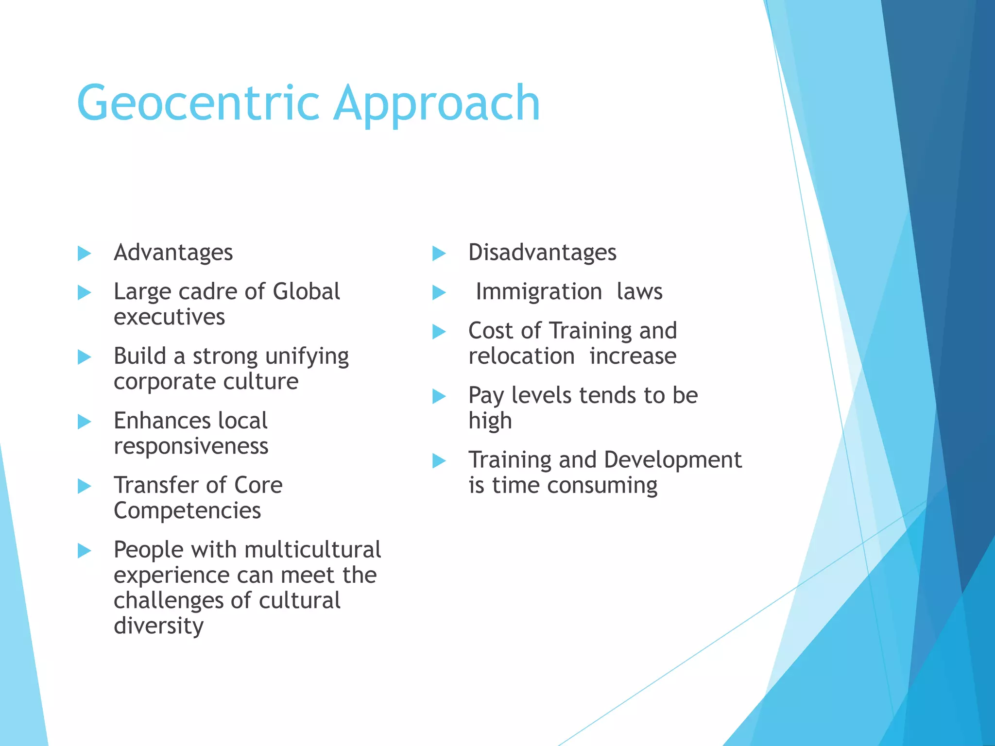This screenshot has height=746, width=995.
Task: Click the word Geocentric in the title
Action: (198, 103)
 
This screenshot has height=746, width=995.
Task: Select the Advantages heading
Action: (173, 253)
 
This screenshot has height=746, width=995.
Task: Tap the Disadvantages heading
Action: (542, 253)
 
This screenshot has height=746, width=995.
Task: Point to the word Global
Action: (306, 291)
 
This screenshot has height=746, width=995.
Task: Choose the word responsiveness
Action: (191, 446)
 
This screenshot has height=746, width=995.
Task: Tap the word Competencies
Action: (188, 510)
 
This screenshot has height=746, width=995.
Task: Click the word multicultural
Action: (313, 550)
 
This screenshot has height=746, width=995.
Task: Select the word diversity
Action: (159, 626)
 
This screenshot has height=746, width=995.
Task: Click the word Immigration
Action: (539, 292)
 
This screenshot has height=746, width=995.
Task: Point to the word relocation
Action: (522, 356)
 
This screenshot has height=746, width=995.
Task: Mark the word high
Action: (490, 421)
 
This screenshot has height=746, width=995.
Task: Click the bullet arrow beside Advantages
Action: (85, 253)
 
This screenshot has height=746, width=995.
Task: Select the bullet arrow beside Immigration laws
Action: (439, 292)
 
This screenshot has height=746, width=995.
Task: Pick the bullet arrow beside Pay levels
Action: (439, 396)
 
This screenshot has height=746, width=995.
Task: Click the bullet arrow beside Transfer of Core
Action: (85, 486)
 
